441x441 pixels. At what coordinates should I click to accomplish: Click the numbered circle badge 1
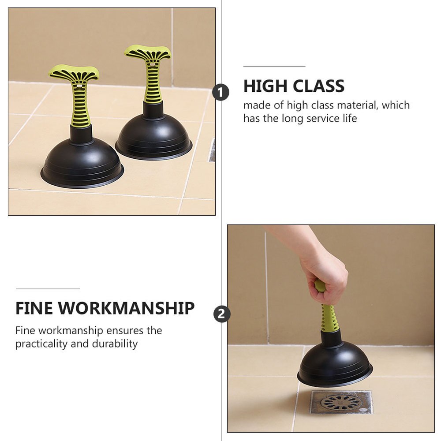point(221,93)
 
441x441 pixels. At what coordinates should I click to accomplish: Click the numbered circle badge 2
point(222,314)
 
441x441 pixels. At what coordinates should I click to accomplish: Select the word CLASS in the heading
point(316,86)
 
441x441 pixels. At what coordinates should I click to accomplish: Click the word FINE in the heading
point(34,309)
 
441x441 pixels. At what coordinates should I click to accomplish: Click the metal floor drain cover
point(340,402)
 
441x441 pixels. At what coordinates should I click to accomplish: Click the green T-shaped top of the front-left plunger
point(74,73)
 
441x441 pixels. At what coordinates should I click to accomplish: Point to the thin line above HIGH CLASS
point(274,67)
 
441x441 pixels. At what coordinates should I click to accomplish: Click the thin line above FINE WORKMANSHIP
point(48,289)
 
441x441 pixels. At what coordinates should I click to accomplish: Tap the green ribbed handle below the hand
point(329,315)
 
